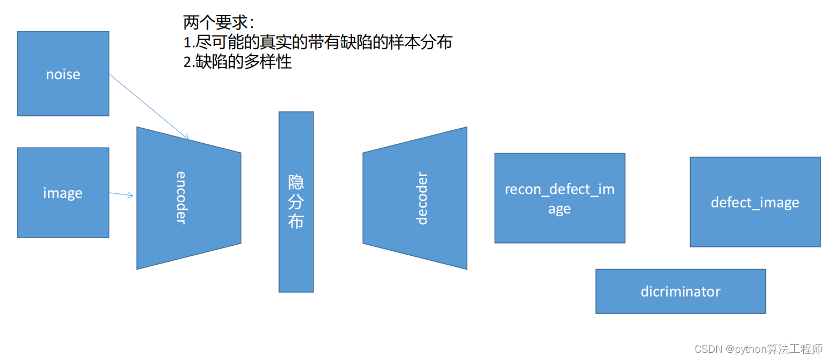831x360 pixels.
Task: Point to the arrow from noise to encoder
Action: coord(149,107)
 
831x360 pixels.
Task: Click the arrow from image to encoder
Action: coord(121,194)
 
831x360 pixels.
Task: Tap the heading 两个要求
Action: coord(219,23)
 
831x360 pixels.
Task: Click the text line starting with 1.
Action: coord(317,42)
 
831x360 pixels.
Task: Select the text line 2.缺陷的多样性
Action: coord(238,61)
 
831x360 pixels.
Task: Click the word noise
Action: coord(63,74)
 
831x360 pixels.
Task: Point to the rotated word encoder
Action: coord(181,197)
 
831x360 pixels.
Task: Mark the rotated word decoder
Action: coord(422,198)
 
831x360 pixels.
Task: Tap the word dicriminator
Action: coord(680,291)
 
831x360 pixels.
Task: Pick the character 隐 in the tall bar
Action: coord(296,182)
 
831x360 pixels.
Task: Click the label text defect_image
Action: coord(755,202)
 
